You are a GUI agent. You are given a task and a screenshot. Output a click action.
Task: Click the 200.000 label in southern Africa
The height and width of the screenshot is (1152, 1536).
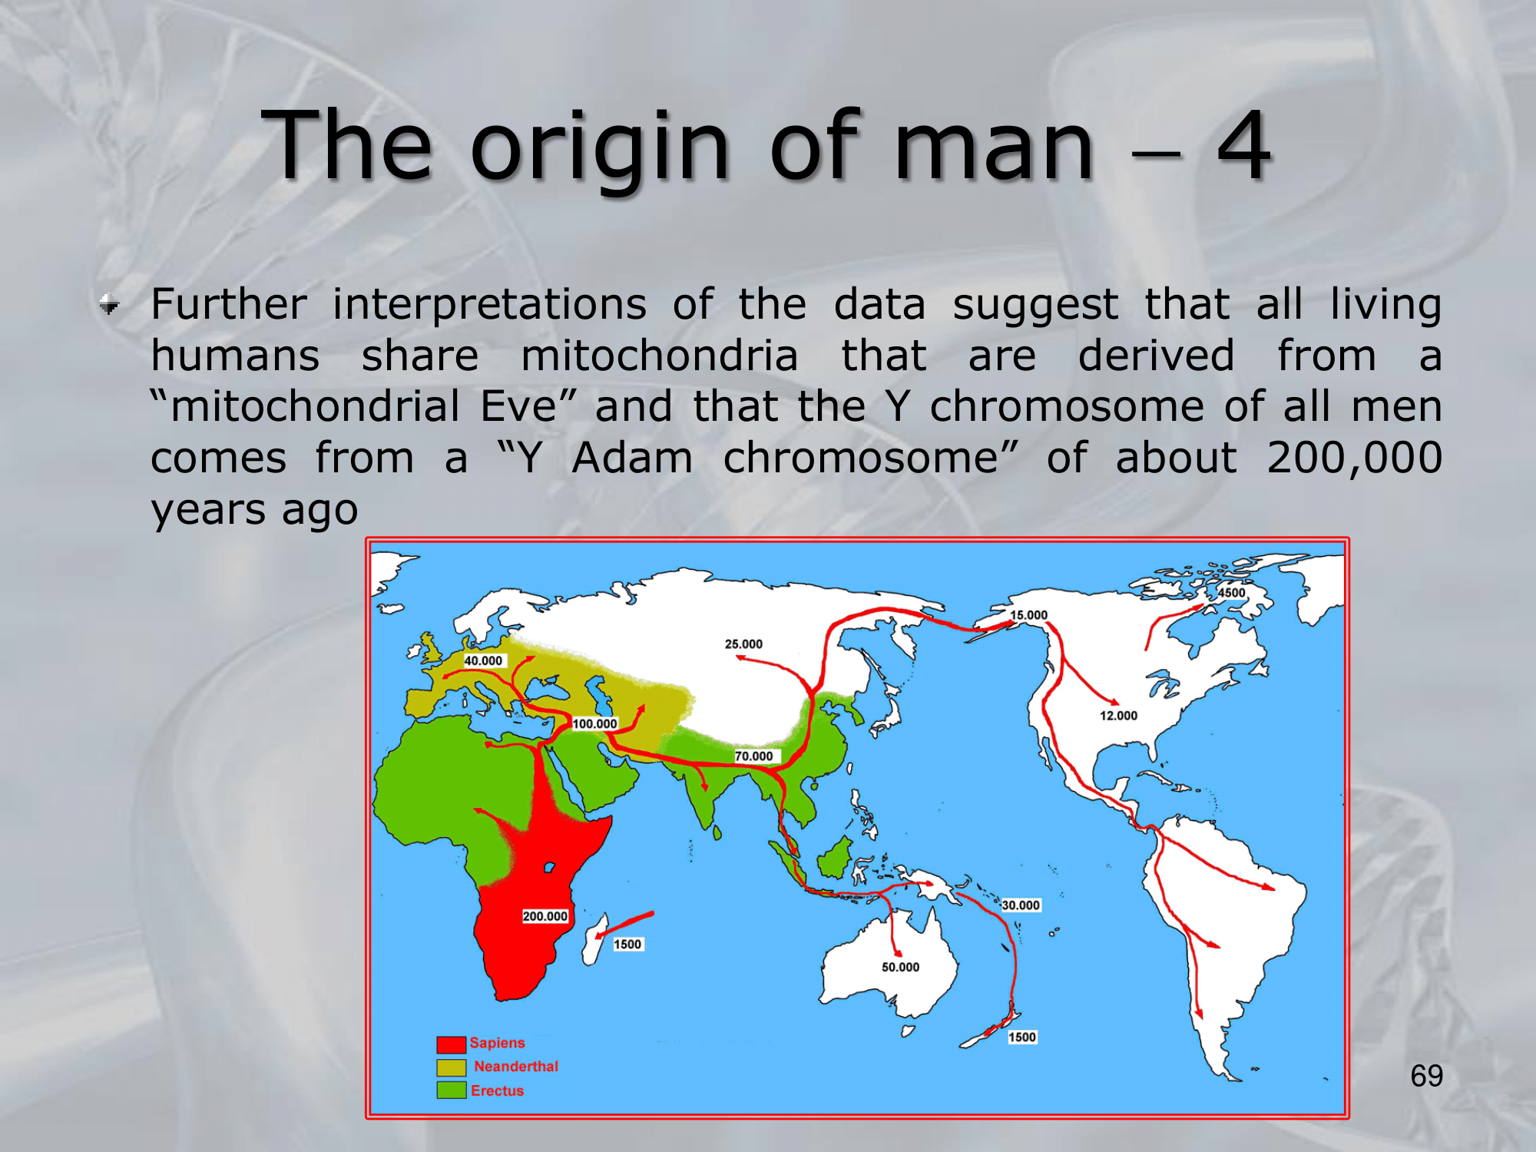pos(545,916)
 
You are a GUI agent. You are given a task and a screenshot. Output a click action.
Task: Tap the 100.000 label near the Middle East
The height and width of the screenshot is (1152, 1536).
pos(594,723)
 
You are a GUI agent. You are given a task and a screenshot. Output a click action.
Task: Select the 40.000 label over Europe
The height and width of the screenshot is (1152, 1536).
pos(483,660)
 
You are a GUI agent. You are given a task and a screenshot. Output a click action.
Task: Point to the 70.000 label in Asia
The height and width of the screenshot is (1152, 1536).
pos(753,756)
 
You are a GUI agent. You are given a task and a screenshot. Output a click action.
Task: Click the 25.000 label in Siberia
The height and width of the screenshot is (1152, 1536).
pos(743,644)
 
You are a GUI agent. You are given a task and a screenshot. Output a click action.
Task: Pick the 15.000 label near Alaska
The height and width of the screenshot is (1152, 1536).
pos(1028,615)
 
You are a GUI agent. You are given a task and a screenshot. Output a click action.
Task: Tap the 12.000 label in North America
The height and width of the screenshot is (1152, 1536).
pos(1118,716)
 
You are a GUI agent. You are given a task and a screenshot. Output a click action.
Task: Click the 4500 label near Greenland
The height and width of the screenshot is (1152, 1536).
pos(1232,593)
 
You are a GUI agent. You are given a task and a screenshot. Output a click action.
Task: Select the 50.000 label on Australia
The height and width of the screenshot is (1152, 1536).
pos(900,967)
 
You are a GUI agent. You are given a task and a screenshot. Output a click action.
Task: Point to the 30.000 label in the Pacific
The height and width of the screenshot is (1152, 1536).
pos(1021,905)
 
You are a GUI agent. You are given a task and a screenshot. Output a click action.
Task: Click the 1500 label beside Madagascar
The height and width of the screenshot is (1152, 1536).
pos(627,944)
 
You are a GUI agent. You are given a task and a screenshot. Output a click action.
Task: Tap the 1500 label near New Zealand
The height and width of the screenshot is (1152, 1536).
pos(1022,1037)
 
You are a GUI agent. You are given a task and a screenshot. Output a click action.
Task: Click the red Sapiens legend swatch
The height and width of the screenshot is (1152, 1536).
pos(452,1044)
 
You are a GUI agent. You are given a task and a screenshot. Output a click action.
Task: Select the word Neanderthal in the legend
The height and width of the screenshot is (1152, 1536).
pos(516,1066)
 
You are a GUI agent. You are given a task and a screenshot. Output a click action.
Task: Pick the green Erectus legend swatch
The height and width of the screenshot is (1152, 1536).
pos(452,1090)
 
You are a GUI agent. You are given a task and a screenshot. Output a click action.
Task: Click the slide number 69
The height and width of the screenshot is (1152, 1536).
pos(1427,1076)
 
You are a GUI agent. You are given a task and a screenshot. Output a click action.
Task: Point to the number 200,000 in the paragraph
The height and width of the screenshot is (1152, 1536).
pos(1354,458)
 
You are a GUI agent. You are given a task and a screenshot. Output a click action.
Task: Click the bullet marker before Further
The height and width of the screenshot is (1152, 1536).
pos(109,305)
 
